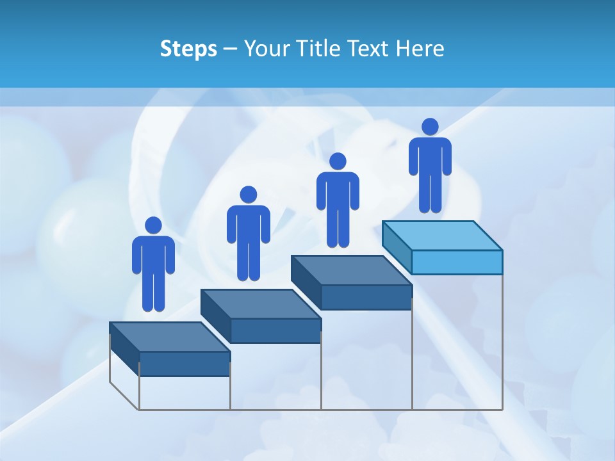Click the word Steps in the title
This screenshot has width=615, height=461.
point(188,49)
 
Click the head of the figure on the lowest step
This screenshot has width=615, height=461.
point(153,225)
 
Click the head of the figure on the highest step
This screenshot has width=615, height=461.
point(430,127)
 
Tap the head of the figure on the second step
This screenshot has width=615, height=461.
point(248,195)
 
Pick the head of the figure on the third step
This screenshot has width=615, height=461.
point(337,161)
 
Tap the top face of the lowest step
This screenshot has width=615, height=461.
point(169,337)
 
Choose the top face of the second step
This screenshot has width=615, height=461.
point(261,303)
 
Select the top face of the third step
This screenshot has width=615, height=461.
point(351,270)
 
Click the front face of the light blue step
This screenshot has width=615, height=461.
point(457,263)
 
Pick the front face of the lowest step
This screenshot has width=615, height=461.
point(184,364)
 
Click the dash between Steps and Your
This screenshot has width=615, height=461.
point(231,49)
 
